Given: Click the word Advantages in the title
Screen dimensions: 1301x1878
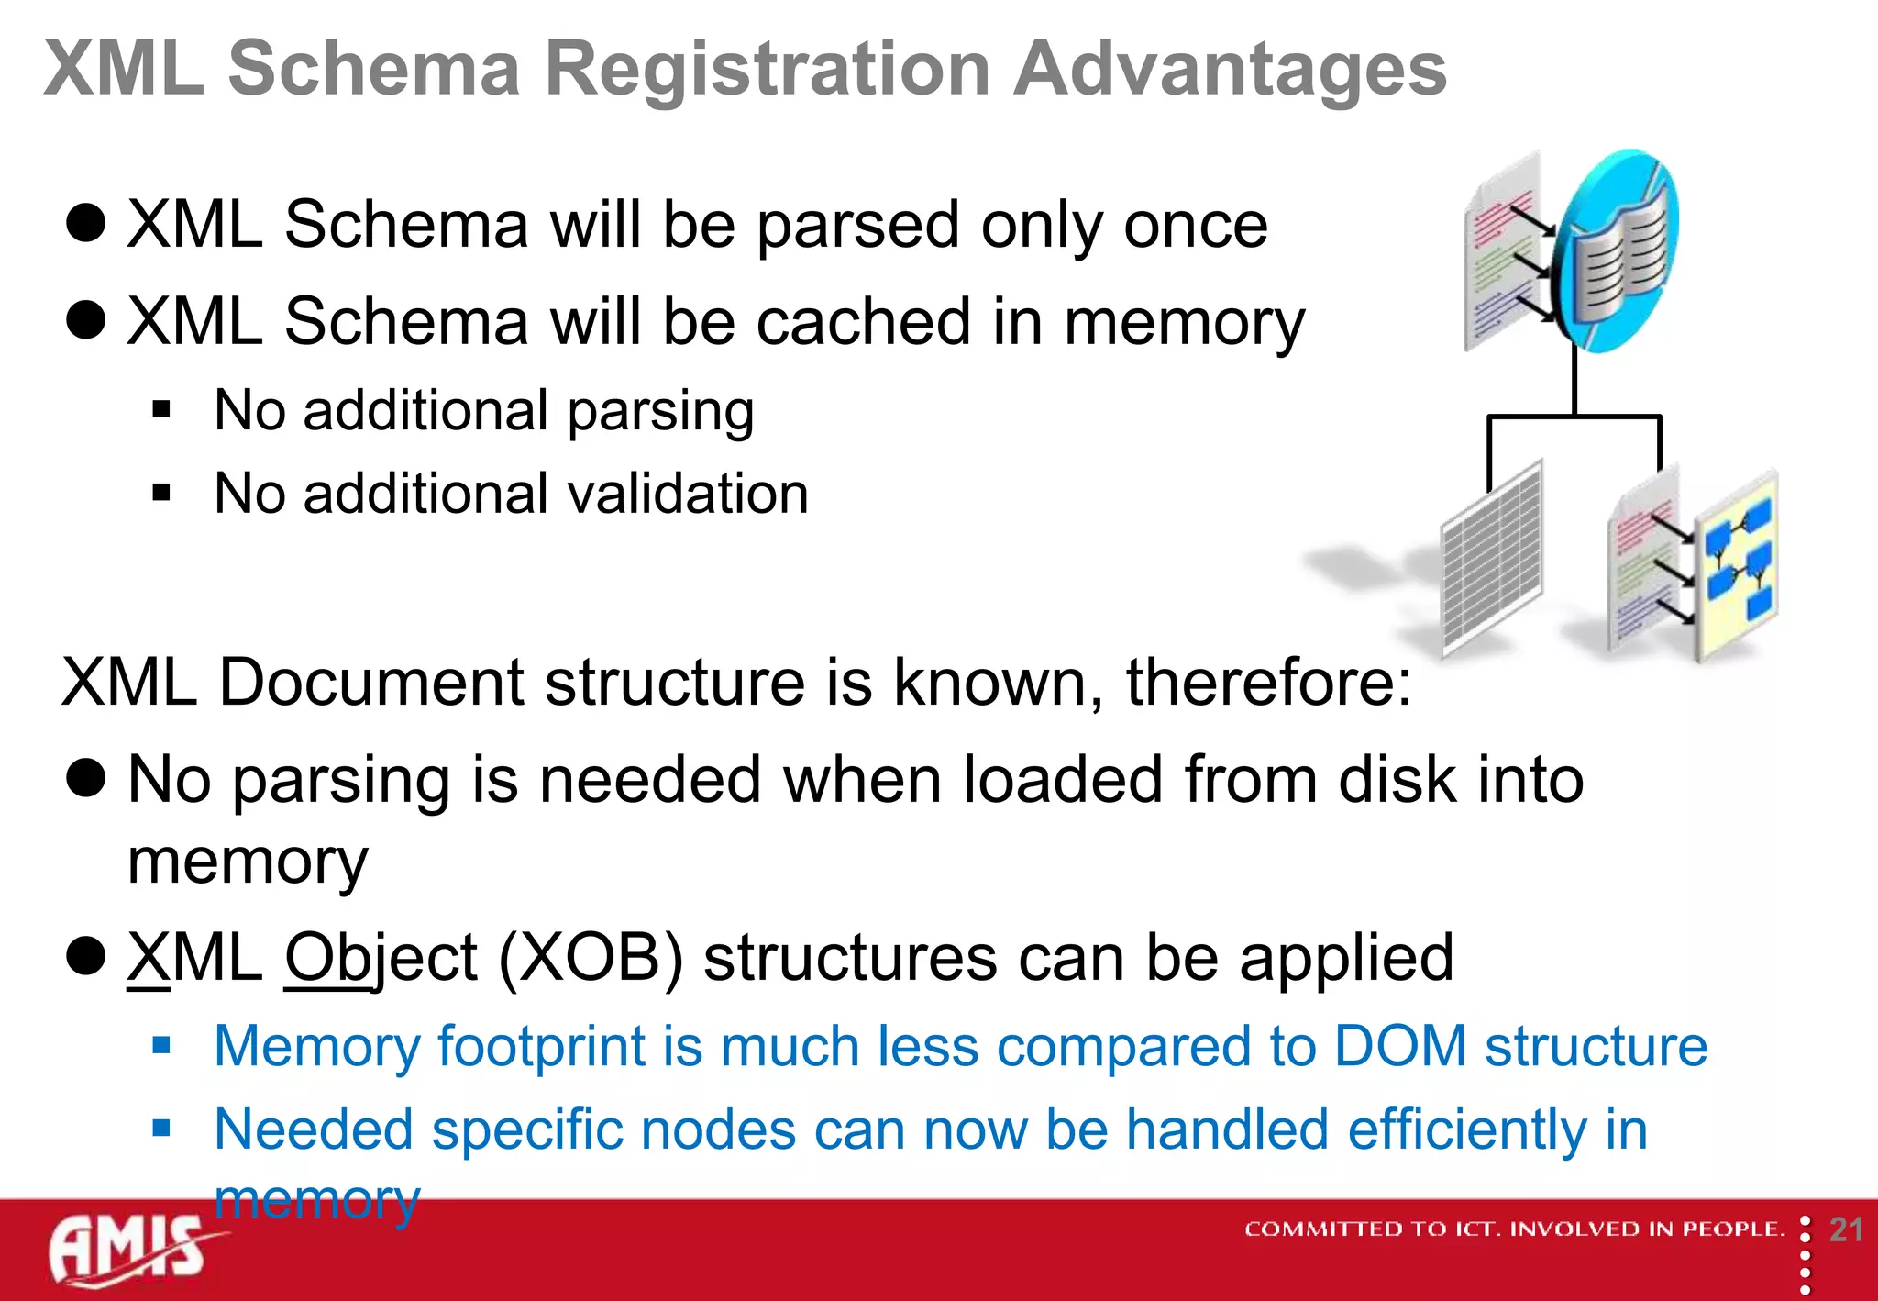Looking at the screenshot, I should [x=1230, y=71].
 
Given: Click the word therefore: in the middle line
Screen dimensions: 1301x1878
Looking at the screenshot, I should [x=1268, y=683].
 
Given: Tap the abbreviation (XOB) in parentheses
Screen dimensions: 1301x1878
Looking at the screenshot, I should [x=590, y=958].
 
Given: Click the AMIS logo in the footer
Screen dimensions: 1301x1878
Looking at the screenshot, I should [x=128, y=1250].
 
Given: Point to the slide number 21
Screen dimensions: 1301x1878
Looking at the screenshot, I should [x=1846, y=1229].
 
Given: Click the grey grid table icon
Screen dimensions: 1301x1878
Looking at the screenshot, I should [x=1492, y=560].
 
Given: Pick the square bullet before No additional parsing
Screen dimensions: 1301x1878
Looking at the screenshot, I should [x=162, y=410].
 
